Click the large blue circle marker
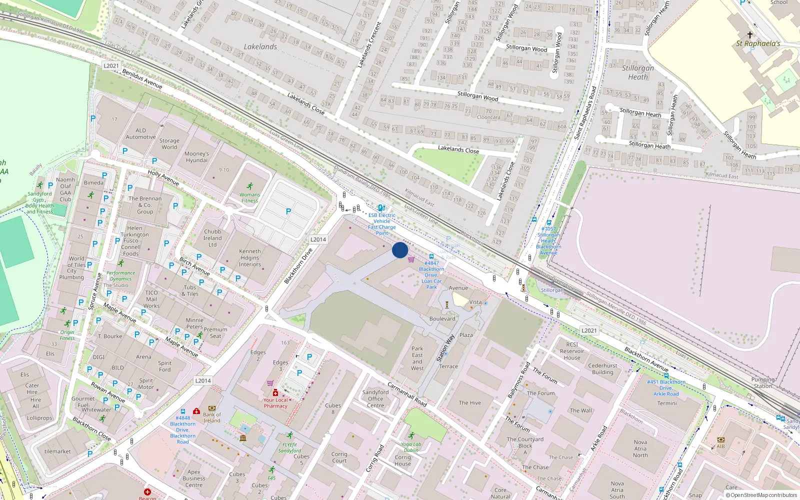tap(400, 250)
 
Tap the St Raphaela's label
tap(757, 43)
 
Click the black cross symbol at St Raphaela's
tap(749, 34)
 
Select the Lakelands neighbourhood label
tap(260, 46)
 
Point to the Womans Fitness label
tap(249, 197)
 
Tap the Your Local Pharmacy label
tap(275, 403)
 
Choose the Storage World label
tap(169, 144)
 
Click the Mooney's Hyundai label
tap(196, 157)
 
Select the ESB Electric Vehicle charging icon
tap(381, 208)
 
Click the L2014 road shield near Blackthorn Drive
tap(318, 239)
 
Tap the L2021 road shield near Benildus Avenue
tap(111, 65)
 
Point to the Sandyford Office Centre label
tap(375, 399)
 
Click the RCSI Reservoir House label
tap(572, 351)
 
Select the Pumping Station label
tap(762, 382)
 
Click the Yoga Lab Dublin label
tap(411, 447)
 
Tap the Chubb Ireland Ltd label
tap(212, 238)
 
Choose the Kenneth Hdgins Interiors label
tap(250, 258)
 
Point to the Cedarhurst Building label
tap(602, 369)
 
